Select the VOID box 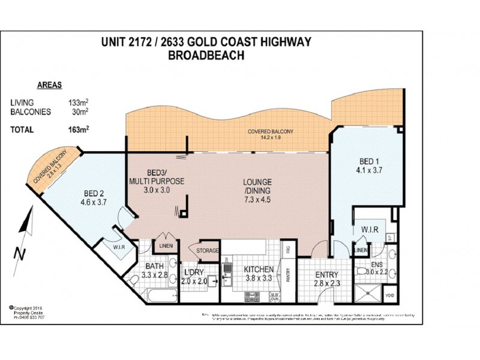point(389,296)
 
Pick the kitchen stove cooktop point(252,296)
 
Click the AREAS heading point(49,85)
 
